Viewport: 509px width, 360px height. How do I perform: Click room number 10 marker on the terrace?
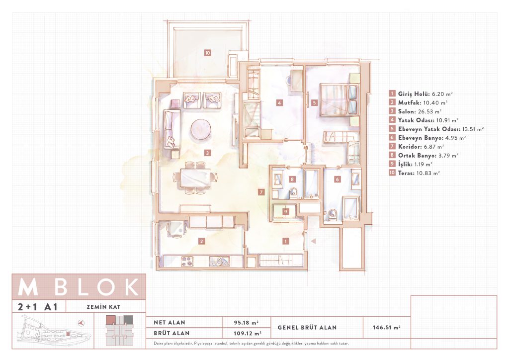click(207, 53)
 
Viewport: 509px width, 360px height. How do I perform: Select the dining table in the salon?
click(195, 178)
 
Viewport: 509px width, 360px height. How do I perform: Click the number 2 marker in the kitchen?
click(202, 241)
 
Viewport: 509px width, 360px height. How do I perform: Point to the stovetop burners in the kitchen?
click(187, 262)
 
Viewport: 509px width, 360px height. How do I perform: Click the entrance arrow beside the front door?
click(313, 241)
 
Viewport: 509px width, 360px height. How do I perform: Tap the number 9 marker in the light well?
click(286, 212)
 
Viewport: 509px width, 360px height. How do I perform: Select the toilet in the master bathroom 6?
click(332, 215)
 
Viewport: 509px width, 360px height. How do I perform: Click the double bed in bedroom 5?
click(339, 100)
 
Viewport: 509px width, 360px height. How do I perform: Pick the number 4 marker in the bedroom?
click(279, 103)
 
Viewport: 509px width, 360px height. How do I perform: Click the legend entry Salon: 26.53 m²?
click(416, 111)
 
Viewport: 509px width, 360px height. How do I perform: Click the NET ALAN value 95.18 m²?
click(246, 323)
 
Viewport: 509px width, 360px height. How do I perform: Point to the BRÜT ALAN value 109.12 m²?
click(248, 333)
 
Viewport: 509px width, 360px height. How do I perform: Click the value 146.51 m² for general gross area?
click(387, 328)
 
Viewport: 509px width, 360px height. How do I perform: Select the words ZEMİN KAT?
click(103, 307)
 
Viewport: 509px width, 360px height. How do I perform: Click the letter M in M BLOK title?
click(28, 286)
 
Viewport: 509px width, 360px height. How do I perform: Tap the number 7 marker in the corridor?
click(261, 192)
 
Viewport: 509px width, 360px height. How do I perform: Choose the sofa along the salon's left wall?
click(171, 129)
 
